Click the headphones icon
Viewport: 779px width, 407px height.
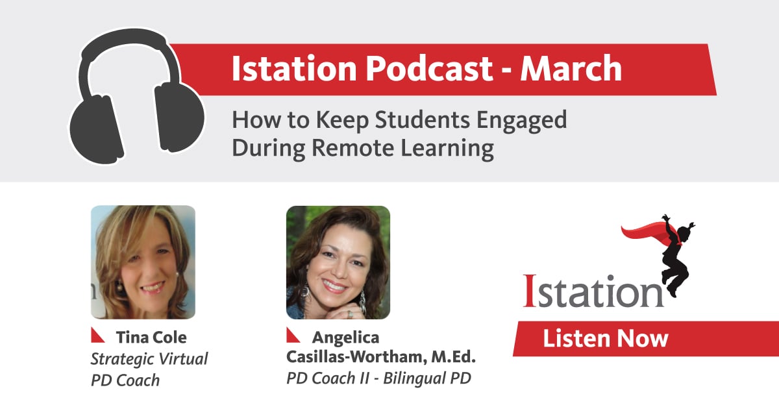[137, 97]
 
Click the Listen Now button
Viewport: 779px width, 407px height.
[605, 338]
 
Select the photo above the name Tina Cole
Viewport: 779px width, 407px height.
[143, 262]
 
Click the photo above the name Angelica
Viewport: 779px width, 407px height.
[338, 262]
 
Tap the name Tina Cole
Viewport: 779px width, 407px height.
[151, 338]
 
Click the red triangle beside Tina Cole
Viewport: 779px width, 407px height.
[98, 335]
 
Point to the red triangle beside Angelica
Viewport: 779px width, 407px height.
[293, 335]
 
